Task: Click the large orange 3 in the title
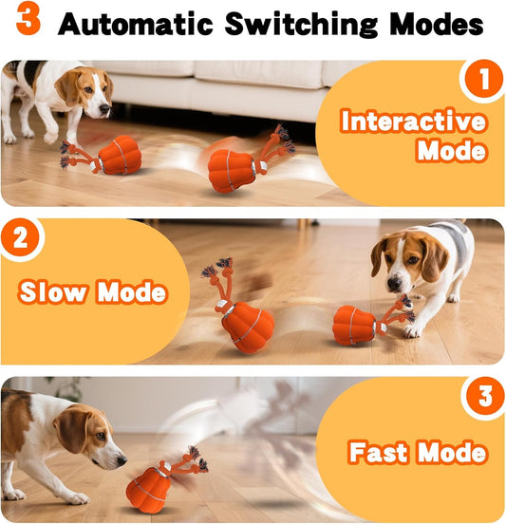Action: click(28, 18)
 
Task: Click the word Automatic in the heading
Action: click(136, 24)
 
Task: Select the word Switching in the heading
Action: click(301, 24)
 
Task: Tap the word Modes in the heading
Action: click(437, 24)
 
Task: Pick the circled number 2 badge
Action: click(21, 238)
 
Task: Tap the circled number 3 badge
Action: click(484, 396)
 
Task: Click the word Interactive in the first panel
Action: click(413, 121)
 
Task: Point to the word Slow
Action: click(53, 291)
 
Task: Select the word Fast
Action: click(379, 452)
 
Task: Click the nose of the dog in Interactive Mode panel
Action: click(105, 108)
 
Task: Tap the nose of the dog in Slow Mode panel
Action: click(395, 284)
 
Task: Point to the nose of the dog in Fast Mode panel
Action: click(121, 460)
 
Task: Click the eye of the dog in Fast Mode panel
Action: click(101, 436)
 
